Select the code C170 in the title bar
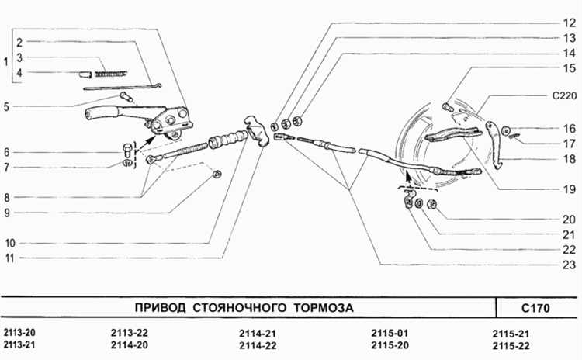pos(535,308)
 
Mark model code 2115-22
pos(512,345)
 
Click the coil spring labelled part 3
pos(109,74)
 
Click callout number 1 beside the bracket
pos(6,61)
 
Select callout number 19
pos(569,189)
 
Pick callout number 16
pos(569,129)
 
